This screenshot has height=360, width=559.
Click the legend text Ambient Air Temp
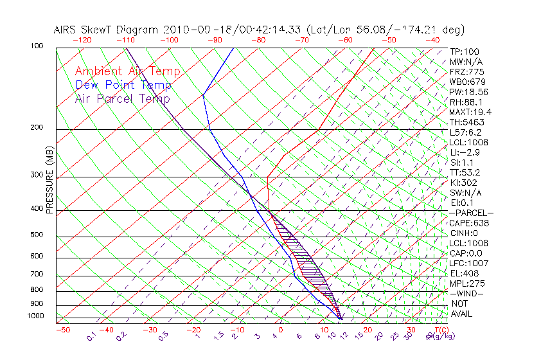(127, 71)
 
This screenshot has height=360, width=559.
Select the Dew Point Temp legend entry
(123, 85)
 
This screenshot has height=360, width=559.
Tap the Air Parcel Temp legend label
(122, 98)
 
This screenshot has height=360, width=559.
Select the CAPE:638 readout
(468, 223)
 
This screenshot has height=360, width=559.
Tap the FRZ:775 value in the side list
(467, 71)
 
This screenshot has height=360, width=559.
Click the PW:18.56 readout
(470, 92)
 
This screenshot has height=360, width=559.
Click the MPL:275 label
(467, 283)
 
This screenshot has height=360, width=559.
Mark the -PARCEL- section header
(472, 213)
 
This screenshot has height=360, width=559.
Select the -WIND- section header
(467, 293)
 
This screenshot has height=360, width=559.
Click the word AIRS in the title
(67, 30)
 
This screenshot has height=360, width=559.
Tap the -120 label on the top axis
(82, 40)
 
